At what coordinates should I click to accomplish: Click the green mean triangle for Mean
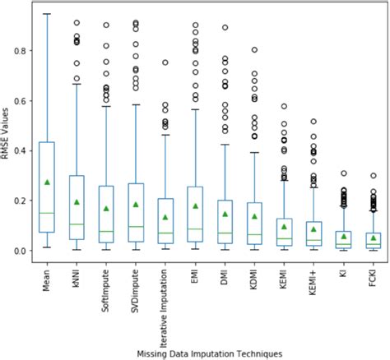47,182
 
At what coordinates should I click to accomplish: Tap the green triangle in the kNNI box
77,201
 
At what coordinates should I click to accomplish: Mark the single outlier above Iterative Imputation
165,62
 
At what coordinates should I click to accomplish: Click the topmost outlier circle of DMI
225,27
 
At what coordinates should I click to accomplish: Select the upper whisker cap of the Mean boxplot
47,14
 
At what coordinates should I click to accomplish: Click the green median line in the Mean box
47,213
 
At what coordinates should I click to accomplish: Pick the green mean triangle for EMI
195,205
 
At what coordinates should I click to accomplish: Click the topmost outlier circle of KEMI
284,106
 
